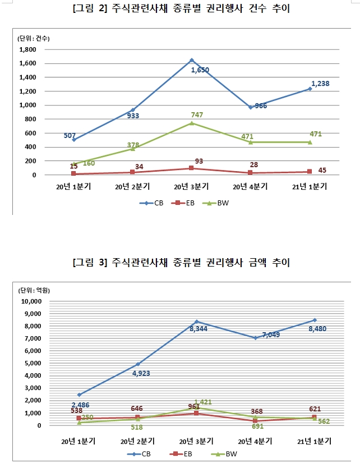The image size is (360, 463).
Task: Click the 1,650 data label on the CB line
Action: coord(200,70)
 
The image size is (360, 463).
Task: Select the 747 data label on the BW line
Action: coord(197,115)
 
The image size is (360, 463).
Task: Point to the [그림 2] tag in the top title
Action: coord(90,10)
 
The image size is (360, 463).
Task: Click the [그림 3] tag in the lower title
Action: coord(90,263)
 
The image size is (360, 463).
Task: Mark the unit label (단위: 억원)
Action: coord(34,290)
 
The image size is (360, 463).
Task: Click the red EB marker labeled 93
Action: coord(192,168)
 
